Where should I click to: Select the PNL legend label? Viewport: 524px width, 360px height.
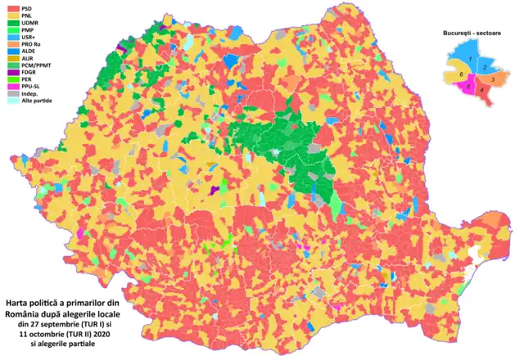click(x=27, y=15)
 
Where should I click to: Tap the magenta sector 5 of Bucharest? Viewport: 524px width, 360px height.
click(x=467, y=86)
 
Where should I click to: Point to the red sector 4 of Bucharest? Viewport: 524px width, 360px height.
click(x=483, y=88)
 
